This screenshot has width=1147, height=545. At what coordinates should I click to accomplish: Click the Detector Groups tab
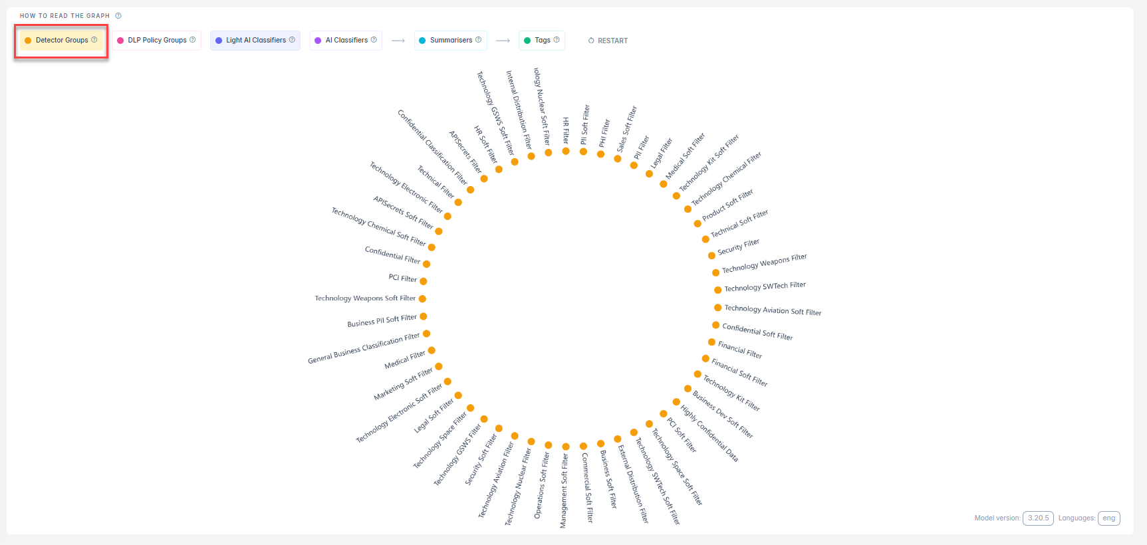coord(61,41)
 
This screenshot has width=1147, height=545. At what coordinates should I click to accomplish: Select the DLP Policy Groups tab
coord(157,41)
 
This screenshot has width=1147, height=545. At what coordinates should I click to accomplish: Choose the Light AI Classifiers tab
coord(255,41)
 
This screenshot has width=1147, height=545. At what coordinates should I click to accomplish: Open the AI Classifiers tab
coord(346,41)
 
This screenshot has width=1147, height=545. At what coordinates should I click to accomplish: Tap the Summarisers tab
coord(451,41)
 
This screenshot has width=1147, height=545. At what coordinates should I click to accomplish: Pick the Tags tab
coord(542,41)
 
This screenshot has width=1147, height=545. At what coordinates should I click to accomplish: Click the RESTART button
coord(608,41)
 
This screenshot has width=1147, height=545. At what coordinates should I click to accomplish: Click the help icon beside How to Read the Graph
coord(118,16)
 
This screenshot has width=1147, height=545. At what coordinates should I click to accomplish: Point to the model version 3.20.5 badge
coord(1038,518)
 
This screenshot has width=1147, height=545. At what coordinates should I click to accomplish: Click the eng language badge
coord(1108,518)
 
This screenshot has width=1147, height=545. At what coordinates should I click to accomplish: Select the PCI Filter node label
coord(402,278)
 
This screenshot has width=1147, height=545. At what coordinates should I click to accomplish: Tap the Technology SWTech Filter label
coord(765,286)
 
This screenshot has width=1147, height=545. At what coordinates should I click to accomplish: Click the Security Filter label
coord(738,247)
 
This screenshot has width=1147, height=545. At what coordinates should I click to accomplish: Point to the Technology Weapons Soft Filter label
coord(365,298)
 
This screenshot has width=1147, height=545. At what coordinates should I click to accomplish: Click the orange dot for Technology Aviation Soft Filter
coord(718,308)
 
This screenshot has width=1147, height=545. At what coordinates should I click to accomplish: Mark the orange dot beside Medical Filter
coord(432,350)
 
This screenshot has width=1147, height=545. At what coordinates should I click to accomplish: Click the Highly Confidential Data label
coord(709,433)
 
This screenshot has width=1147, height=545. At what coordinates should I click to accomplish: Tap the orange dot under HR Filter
coord(566,151)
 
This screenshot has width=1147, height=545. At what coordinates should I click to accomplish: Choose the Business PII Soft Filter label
coord(382,321)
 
